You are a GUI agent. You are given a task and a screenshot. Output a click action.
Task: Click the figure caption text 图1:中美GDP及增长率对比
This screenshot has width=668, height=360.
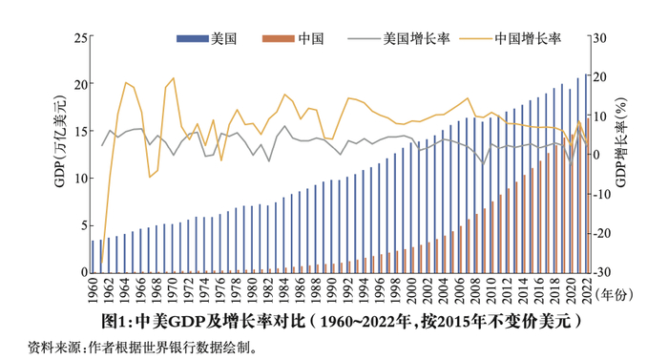click(x=210, y=320)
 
